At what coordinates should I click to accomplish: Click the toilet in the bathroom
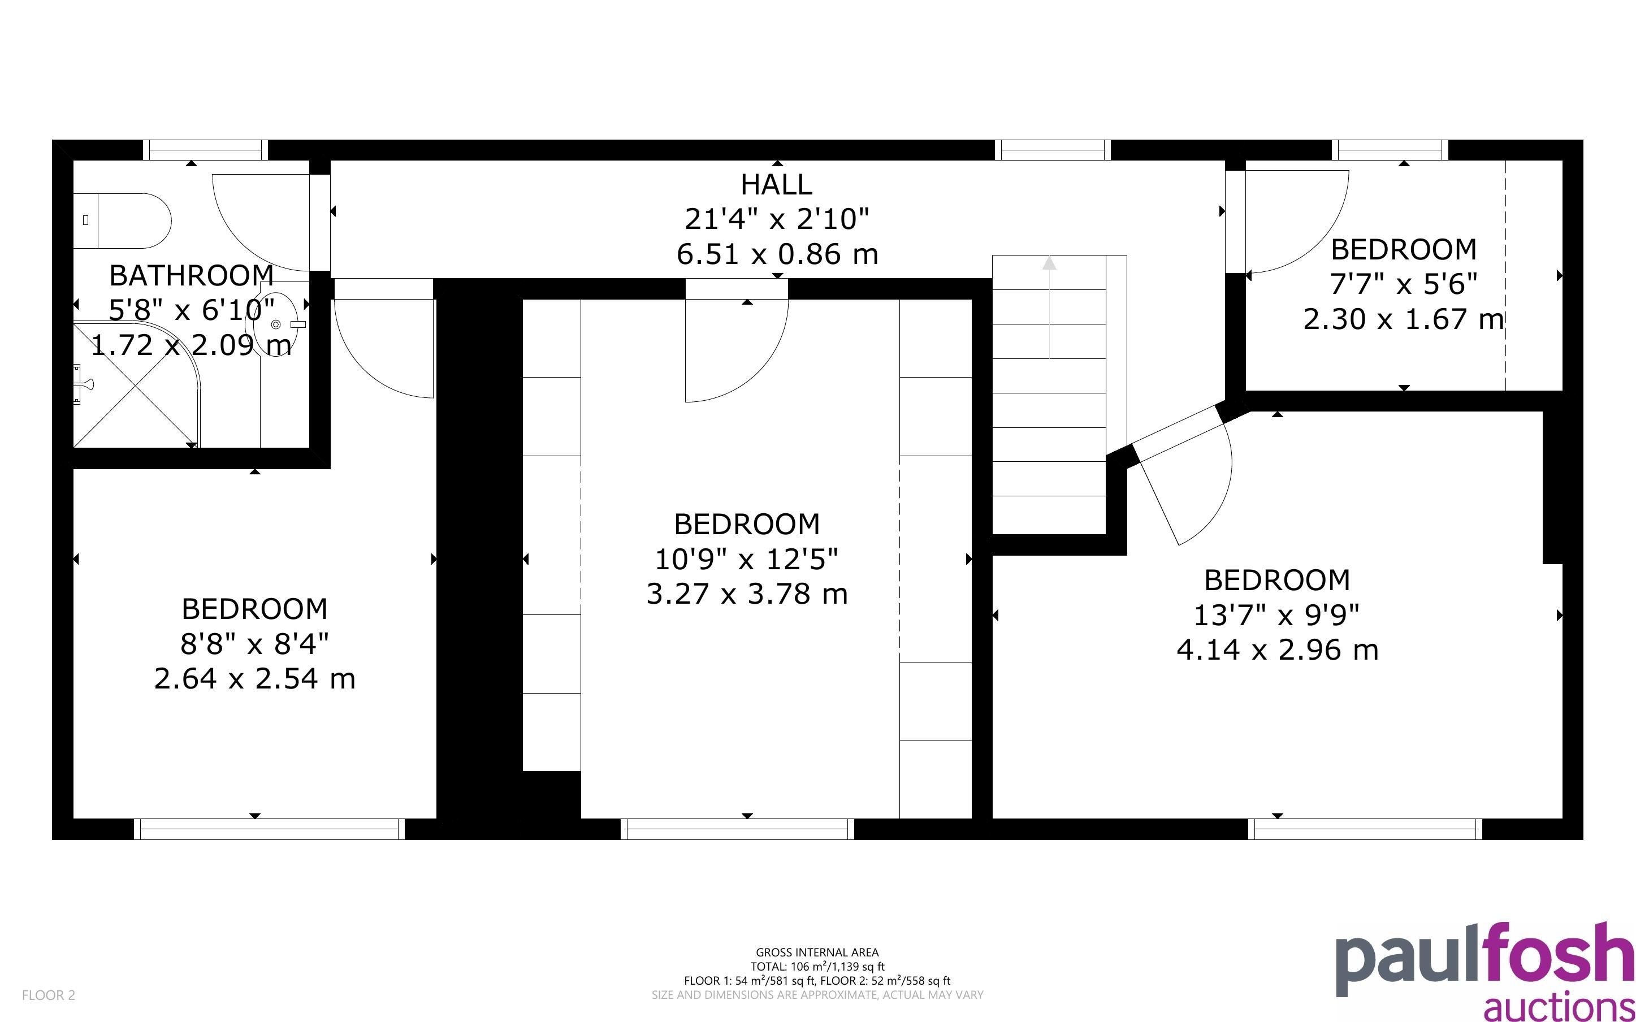click(x=122, y=220)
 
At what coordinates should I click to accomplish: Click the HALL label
click(x=776, y=184)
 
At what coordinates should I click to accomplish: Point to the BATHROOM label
click(x=191, y=276)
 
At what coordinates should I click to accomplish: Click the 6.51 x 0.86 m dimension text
click(x=777, y=255)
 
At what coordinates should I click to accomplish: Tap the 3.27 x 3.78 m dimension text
click(x=747, y=594)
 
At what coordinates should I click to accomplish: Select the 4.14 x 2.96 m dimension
click(x=1277, y=650)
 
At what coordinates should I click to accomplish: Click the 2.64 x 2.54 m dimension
click(x=255, y=679)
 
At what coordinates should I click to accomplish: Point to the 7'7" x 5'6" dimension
click(x=1404, y=284)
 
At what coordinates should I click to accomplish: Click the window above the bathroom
click(x=205, y=149)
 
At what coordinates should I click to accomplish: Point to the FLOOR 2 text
click(x=49, y=995)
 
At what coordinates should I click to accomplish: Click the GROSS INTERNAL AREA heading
click(x=817, y=952)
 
